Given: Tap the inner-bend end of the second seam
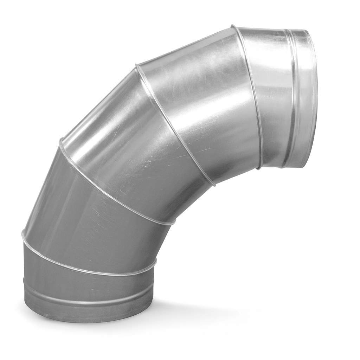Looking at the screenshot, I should pyautogui.click(x=173, y=222).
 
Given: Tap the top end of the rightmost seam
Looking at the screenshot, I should pyautogui.click(x=233, y=26).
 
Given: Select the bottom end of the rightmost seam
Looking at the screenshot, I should pyautogui.click(x=259, y=168).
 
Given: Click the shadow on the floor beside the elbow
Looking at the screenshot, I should pyautogui.click(x=197, y=313).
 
